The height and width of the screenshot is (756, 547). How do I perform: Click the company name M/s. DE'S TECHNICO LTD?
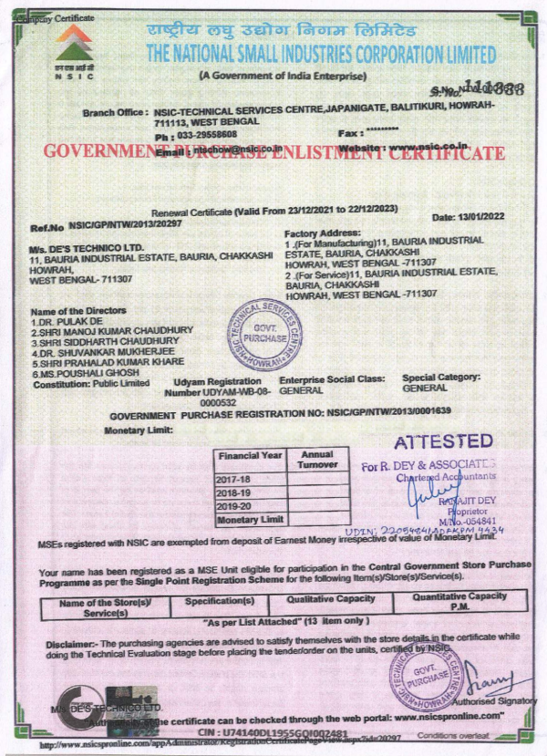point(87,248)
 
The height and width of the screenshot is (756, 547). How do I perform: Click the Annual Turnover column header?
point(317,459)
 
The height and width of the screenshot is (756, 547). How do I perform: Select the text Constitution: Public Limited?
point(90,384)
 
